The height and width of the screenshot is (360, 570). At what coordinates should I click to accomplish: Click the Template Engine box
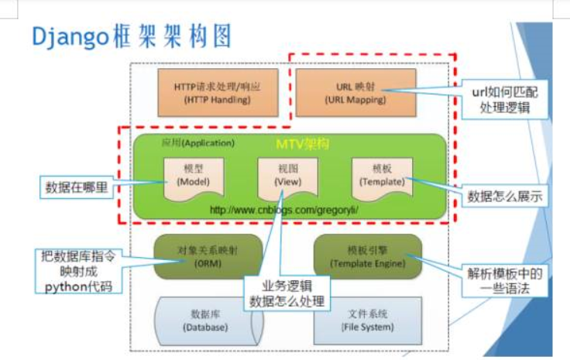click(x=367, y=256)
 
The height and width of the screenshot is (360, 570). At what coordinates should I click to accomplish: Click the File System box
click(x=367, y=320)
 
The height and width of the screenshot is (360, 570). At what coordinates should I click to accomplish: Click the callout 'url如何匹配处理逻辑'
click(x=504, y=100)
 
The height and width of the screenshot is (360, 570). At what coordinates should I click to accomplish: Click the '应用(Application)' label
click(x=197, y=143)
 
